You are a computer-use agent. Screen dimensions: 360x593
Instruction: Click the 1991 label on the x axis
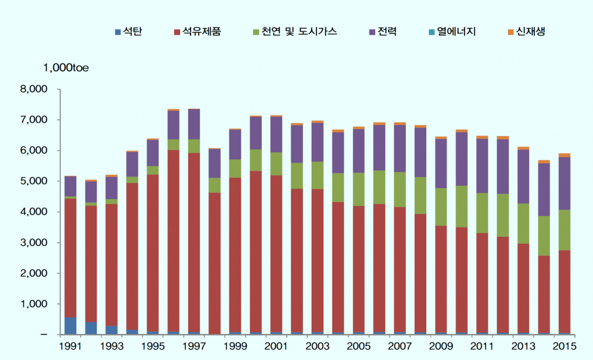(x=70, y=346)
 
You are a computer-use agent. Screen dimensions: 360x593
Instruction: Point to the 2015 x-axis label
(x=564, y=346)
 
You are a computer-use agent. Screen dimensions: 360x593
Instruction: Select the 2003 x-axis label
(x=317, y=346)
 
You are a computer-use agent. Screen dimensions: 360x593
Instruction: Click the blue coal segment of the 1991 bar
(x=70, y=326)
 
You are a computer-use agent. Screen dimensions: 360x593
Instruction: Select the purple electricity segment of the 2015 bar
(x=564, y=183)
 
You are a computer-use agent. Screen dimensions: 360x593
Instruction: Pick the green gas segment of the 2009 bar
(x=441, y=207)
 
